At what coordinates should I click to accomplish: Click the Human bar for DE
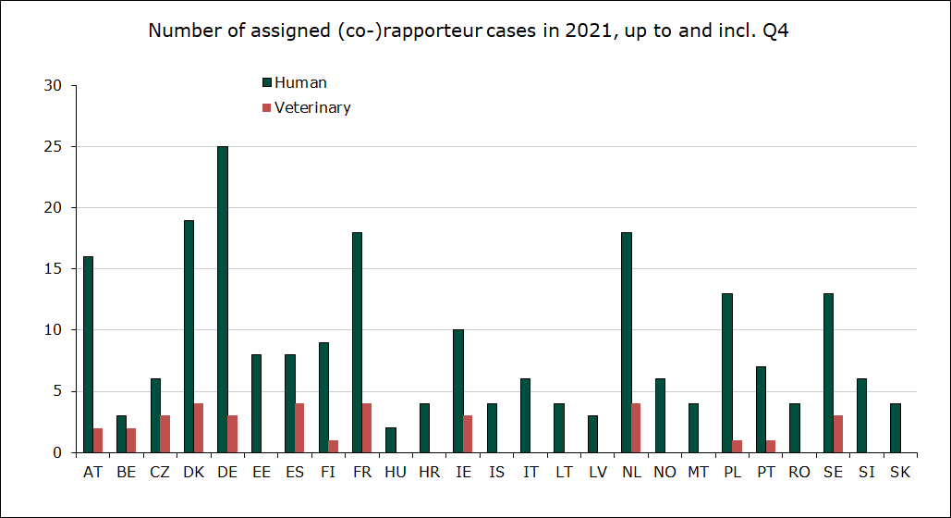(223, 299)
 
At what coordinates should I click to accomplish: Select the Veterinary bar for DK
(199, 427)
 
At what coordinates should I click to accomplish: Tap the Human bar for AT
(88, 354)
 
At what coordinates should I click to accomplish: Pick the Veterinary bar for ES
(299, 427)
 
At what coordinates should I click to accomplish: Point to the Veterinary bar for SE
(837, 434)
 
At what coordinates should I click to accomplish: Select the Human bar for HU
(391, 439)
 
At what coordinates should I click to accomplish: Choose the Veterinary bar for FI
(334, 446)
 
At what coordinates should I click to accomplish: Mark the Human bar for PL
(727, 373)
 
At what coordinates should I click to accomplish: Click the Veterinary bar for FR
(367, 427)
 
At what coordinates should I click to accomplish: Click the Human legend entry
(300, 82)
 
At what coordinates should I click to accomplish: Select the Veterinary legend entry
(312, 107)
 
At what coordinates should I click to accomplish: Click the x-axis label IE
(463, 472)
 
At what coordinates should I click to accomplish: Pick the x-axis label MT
(699, 472)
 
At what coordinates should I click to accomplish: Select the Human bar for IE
(458, 390)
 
